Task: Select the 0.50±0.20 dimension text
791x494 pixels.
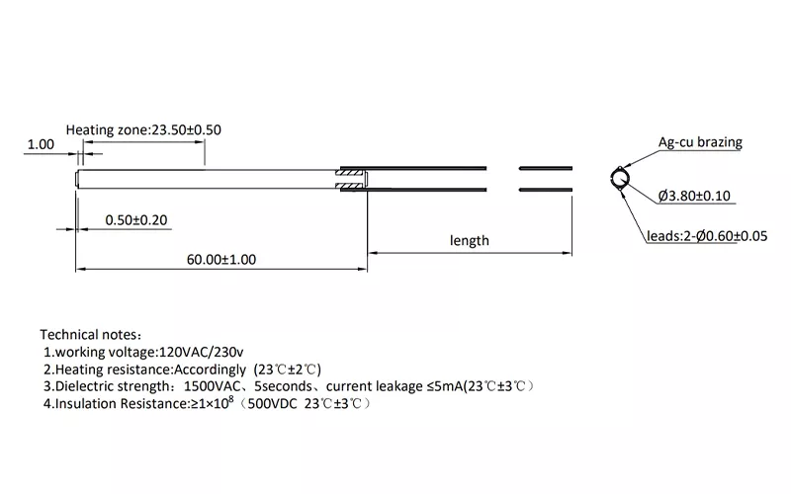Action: coord(135,219)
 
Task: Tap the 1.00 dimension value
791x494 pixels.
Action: coord(41,144)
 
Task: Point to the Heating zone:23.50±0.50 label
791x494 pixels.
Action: coord(143,130)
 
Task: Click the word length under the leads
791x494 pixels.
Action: coord(470,240)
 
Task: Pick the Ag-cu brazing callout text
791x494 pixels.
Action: coord(700,142)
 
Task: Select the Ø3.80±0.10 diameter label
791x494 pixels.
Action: coord(694,196)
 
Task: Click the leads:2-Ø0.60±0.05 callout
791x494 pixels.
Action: coord(707,236)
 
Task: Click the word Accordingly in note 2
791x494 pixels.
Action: coord(212,369)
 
